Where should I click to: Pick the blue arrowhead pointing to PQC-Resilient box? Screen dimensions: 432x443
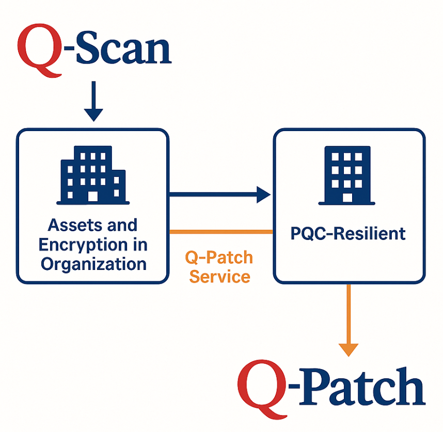(x=263, y=195)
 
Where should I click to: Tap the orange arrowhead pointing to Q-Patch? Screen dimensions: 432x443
(x=349, y=349)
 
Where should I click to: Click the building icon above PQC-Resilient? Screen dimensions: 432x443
(x=347, y=174)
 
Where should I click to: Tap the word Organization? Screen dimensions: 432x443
(x=93, y=264)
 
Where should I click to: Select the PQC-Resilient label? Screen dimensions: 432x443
(x=347, y=233)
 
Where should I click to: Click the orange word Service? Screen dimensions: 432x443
(x=219, y=276)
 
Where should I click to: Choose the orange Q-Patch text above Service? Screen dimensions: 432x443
(x=219, y=257)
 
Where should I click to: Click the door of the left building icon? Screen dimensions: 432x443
(x=93, y=197)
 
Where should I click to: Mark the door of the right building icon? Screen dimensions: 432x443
(x=347, y=197)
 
